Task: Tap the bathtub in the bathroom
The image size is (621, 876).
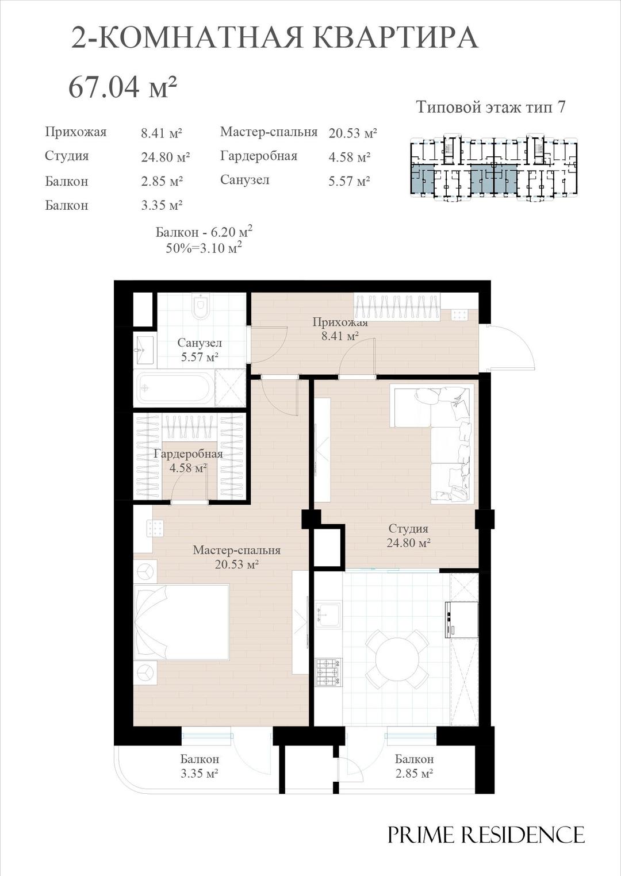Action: click(x=175, y=387)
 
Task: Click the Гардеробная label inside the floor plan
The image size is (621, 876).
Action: click(x=188, y=454)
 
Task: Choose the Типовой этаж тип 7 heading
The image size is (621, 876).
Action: click(x=490, y=107)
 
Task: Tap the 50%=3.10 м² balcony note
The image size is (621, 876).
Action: click(x=204, y=248)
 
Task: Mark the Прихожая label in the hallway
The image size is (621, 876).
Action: click(x=340, y=322)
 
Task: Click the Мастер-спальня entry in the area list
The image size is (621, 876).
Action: click(x=269, y=132)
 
